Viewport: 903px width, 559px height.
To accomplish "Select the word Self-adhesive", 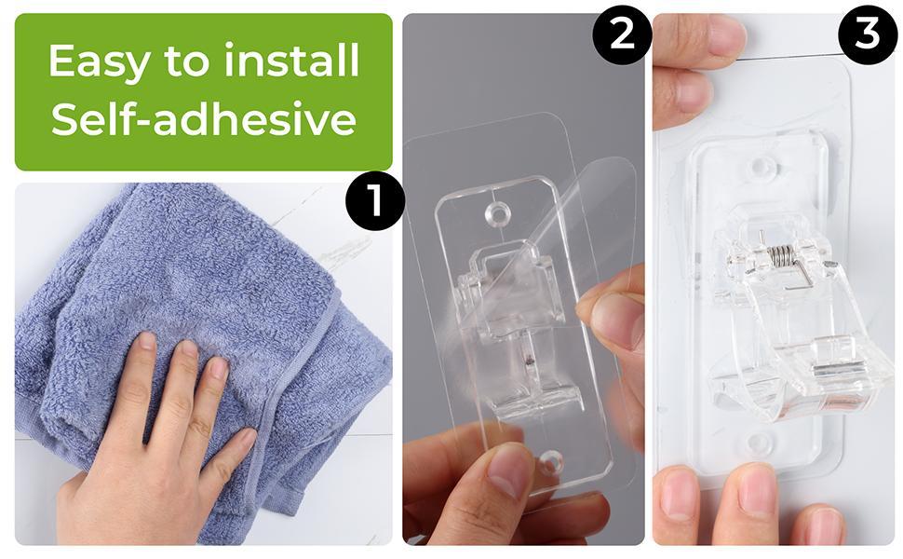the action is pos(204,118).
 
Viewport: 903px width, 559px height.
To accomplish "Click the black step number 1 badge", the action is pos(375,200).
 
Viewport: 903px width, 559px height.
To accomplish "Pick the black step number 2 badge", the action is pos(622,34).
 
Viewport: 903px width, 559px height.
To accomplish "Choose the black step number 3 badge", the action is pos(868,34).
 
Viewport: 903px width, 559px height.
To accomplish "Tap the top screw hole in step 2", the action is pos(497,214).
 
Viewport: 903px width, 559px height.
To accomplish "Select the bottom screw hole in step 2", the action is pos(549,462).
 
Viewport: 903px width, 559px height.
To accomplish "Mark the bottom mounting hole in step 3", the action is pos(759,442).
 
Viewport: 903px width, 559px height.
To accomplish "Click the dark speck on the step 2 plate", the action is pos(528,361).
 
